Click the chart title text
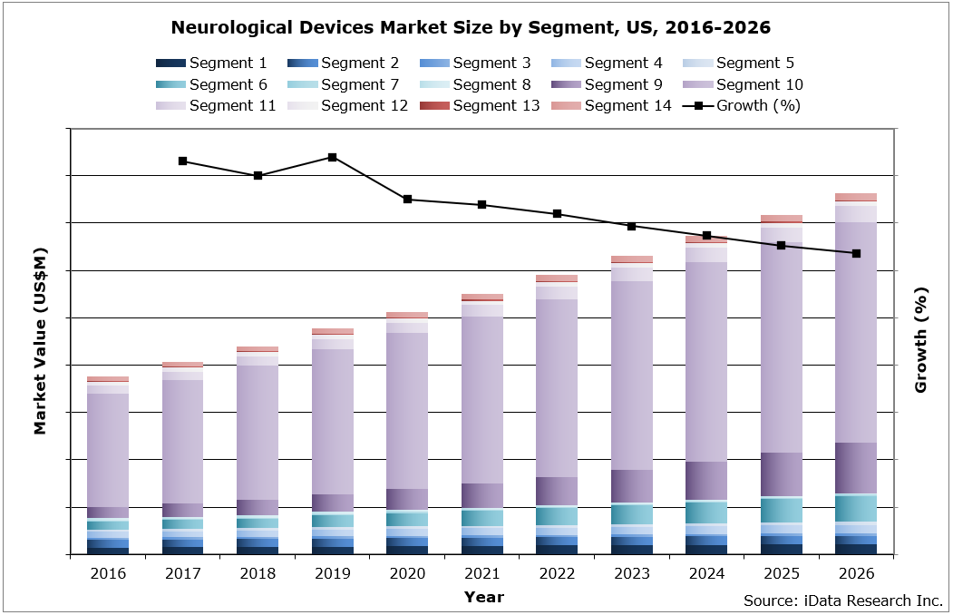[x=471, y=28]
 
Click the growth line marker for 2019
[x=333, y=157]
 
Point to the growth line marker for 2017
[x=183, y=161]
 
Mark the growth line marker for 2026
[x=856, y=253]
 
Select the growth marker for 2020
[x=408, y=199]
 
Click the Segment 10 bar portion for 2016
[x=108, y=449]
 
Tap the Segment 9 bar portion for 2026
[x=856, y=467]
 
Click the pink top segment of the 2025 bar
[x=782, y=219]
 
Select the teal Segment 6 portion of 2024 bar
[x=706, y=512]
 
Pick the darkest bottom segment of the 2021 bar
[x=482, y=550]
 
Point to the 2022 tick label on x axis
[x=557, y=574]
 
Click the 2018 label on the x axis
[x=258, y=574]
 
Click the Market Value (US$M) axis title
[x=40, y=339]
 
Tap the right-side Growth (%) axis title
[x=921, y=339]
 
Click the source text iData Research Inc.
[x=843, y=600]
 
